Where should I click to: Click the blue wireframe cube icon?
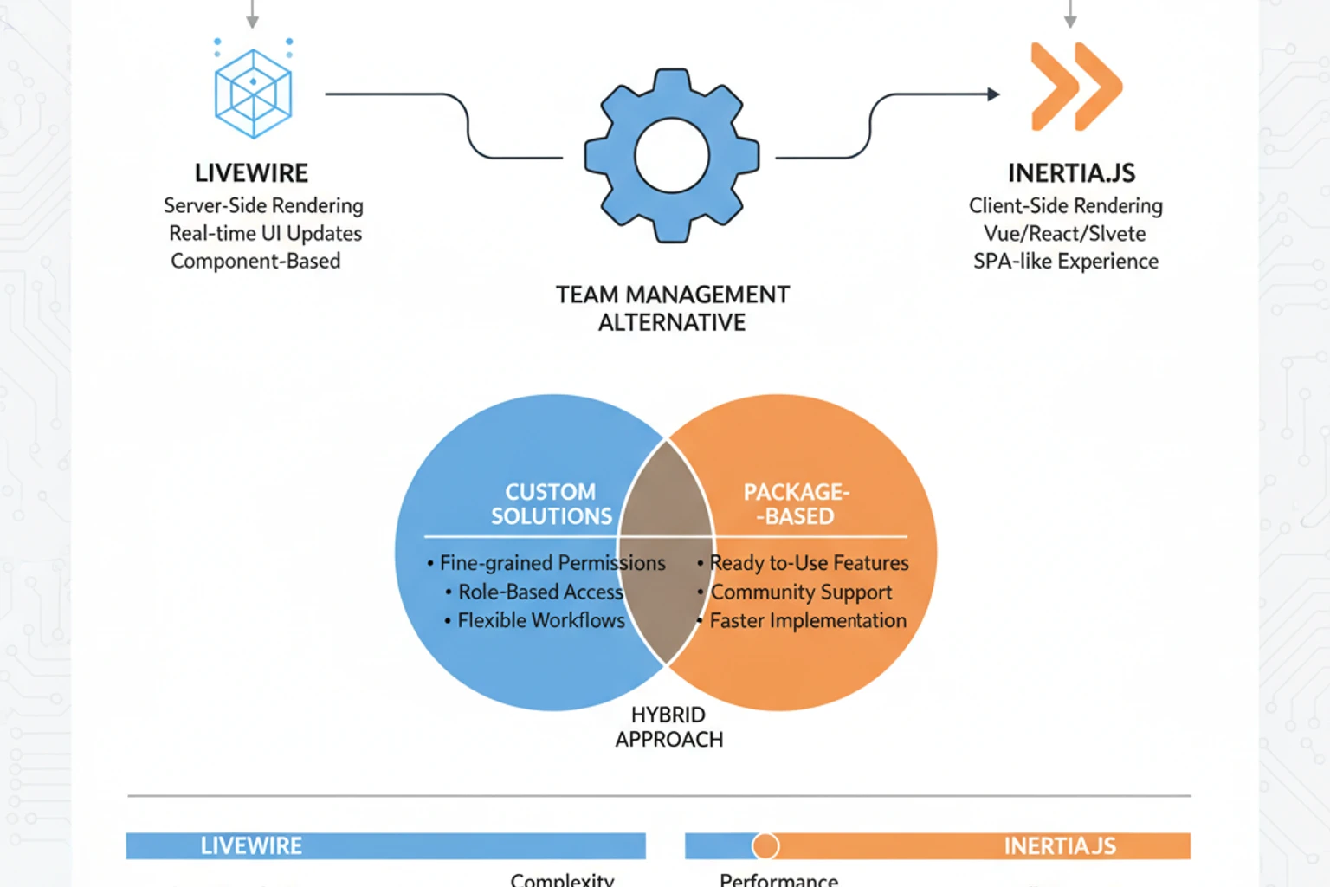[x=253, y=93]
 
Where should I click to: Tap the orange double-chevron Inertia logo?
[x=1075, y=87]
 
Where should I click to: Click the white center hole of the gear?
[x=672, y=156]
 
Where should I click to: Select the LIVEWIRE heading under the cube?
[x=251, y=173]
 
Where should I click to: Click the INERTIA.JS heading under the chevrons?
[x=1071, y=173]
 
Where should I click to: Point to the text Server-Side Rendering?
[x=263, y=205]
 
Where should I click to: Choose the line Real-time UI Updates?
[x=265, y=233]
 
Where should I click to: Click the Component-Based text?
[x=255, y=261]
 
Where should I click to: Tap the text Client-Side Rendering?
[x=1065, y=205]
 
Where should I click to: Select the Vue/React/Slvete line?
[x=1064, y=233]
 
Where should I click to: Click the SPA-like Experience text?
[x=1065, y=261]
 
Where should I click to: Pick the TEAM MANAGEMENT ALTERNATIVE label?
[x=672, y=308]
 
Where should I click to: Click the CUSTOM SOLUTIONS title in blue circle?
[x=551, y=504]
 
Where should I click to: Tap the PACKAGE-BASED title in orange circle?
[x=797, y=504]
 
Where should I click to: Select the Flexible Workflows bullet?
[x=540, y=620]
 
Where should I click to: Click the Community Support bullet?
[x=801, y=592]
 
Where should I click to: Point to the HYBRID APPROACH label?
[x=668, y=727]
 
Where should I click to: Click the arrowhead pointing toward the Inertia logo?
[x=993, y=94]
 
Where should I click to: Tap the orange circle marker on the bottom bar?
[x=765, y=845]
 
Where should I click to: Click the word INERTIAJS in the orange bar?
[x=1060, y=845]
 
